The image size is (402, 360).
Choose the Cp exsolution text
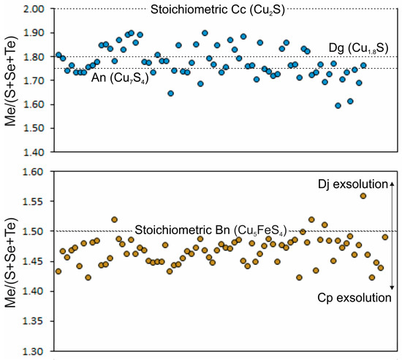pyautogui.click(x=353, y=298)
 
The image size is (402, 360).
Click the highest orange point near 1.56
pyautogui.click(x=363, y=195)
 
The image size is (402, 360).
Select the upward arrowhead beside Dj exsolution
pyautogui.click(x=392, y=180)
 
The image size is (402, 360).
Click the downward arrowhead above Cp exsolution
pyautogui.click(x=392, y=287)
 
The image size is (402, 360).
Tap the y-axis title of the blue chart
pyautogui.click(x=10, y=79)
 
